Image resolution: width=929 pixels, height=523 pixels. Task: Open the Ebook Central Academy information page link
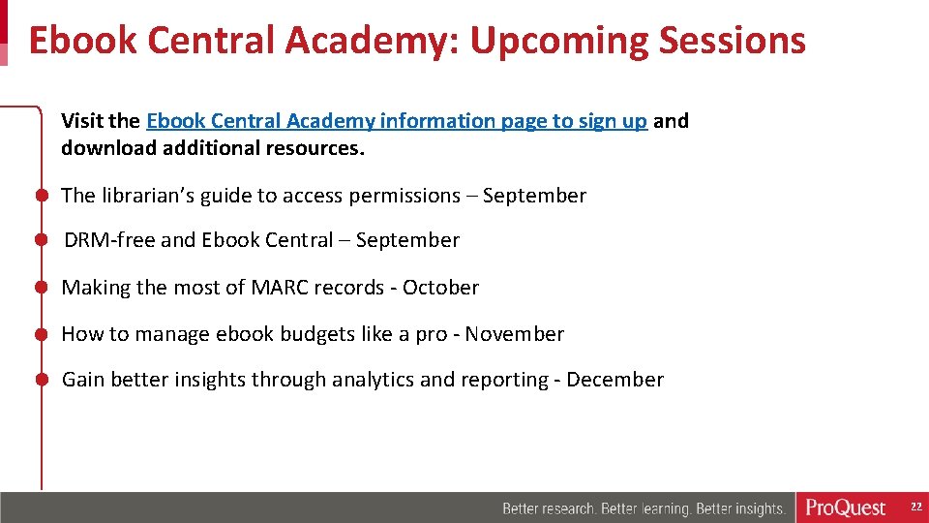(397, 121)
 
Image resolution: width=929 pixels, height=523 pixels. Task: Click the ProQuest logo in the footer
(846, 508)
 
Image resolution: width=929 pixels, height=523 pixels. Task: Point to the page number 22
(915, 508)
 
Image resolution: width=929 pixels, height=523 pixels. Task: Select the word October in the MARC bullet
(440, 288)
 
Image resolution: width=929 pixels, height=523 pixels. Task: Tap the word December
(614, 380)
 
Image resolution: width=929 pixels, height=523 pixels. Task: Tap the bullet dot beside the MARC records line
(43, 288)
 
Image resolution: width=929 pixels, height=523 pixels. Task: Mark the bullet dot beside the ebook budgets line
(43, 334)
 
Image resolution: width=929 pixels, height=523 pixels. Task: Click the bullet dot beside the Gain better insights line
(43, 380)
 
